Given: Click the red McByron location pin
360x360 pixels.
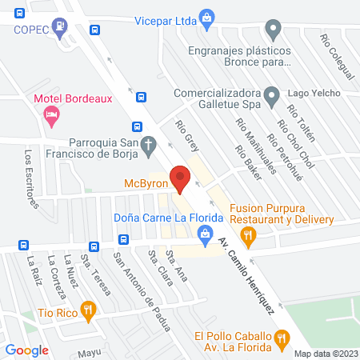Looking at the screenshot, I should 180,178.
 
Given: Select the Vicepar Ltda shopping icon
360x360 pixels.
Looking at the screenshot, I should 206,16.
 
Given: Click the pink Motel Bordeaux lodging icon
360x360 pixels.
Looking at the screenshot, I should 50,117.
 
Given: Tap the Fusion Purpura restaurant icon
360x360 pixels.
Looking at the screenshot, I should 248,234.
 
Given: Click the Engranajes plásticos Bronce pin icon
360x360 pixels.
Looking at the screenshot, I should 274,33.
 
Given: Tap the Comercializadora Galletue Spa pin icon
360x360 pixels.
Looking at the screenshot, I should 273,99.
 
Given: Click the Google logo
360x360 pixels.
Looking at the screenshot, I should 26,350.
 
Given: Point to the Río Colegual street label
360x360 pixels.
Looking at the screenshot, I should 335,55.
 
